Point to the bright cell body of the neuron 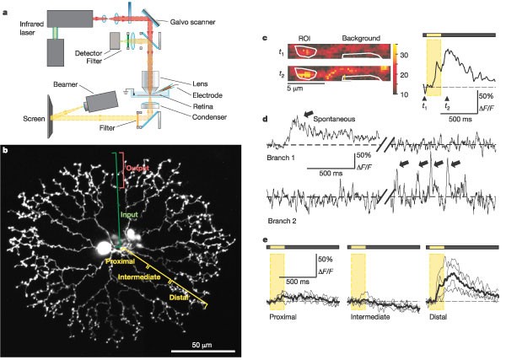tap(106, 247)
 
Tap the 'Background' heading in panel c tap(361, 39)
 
